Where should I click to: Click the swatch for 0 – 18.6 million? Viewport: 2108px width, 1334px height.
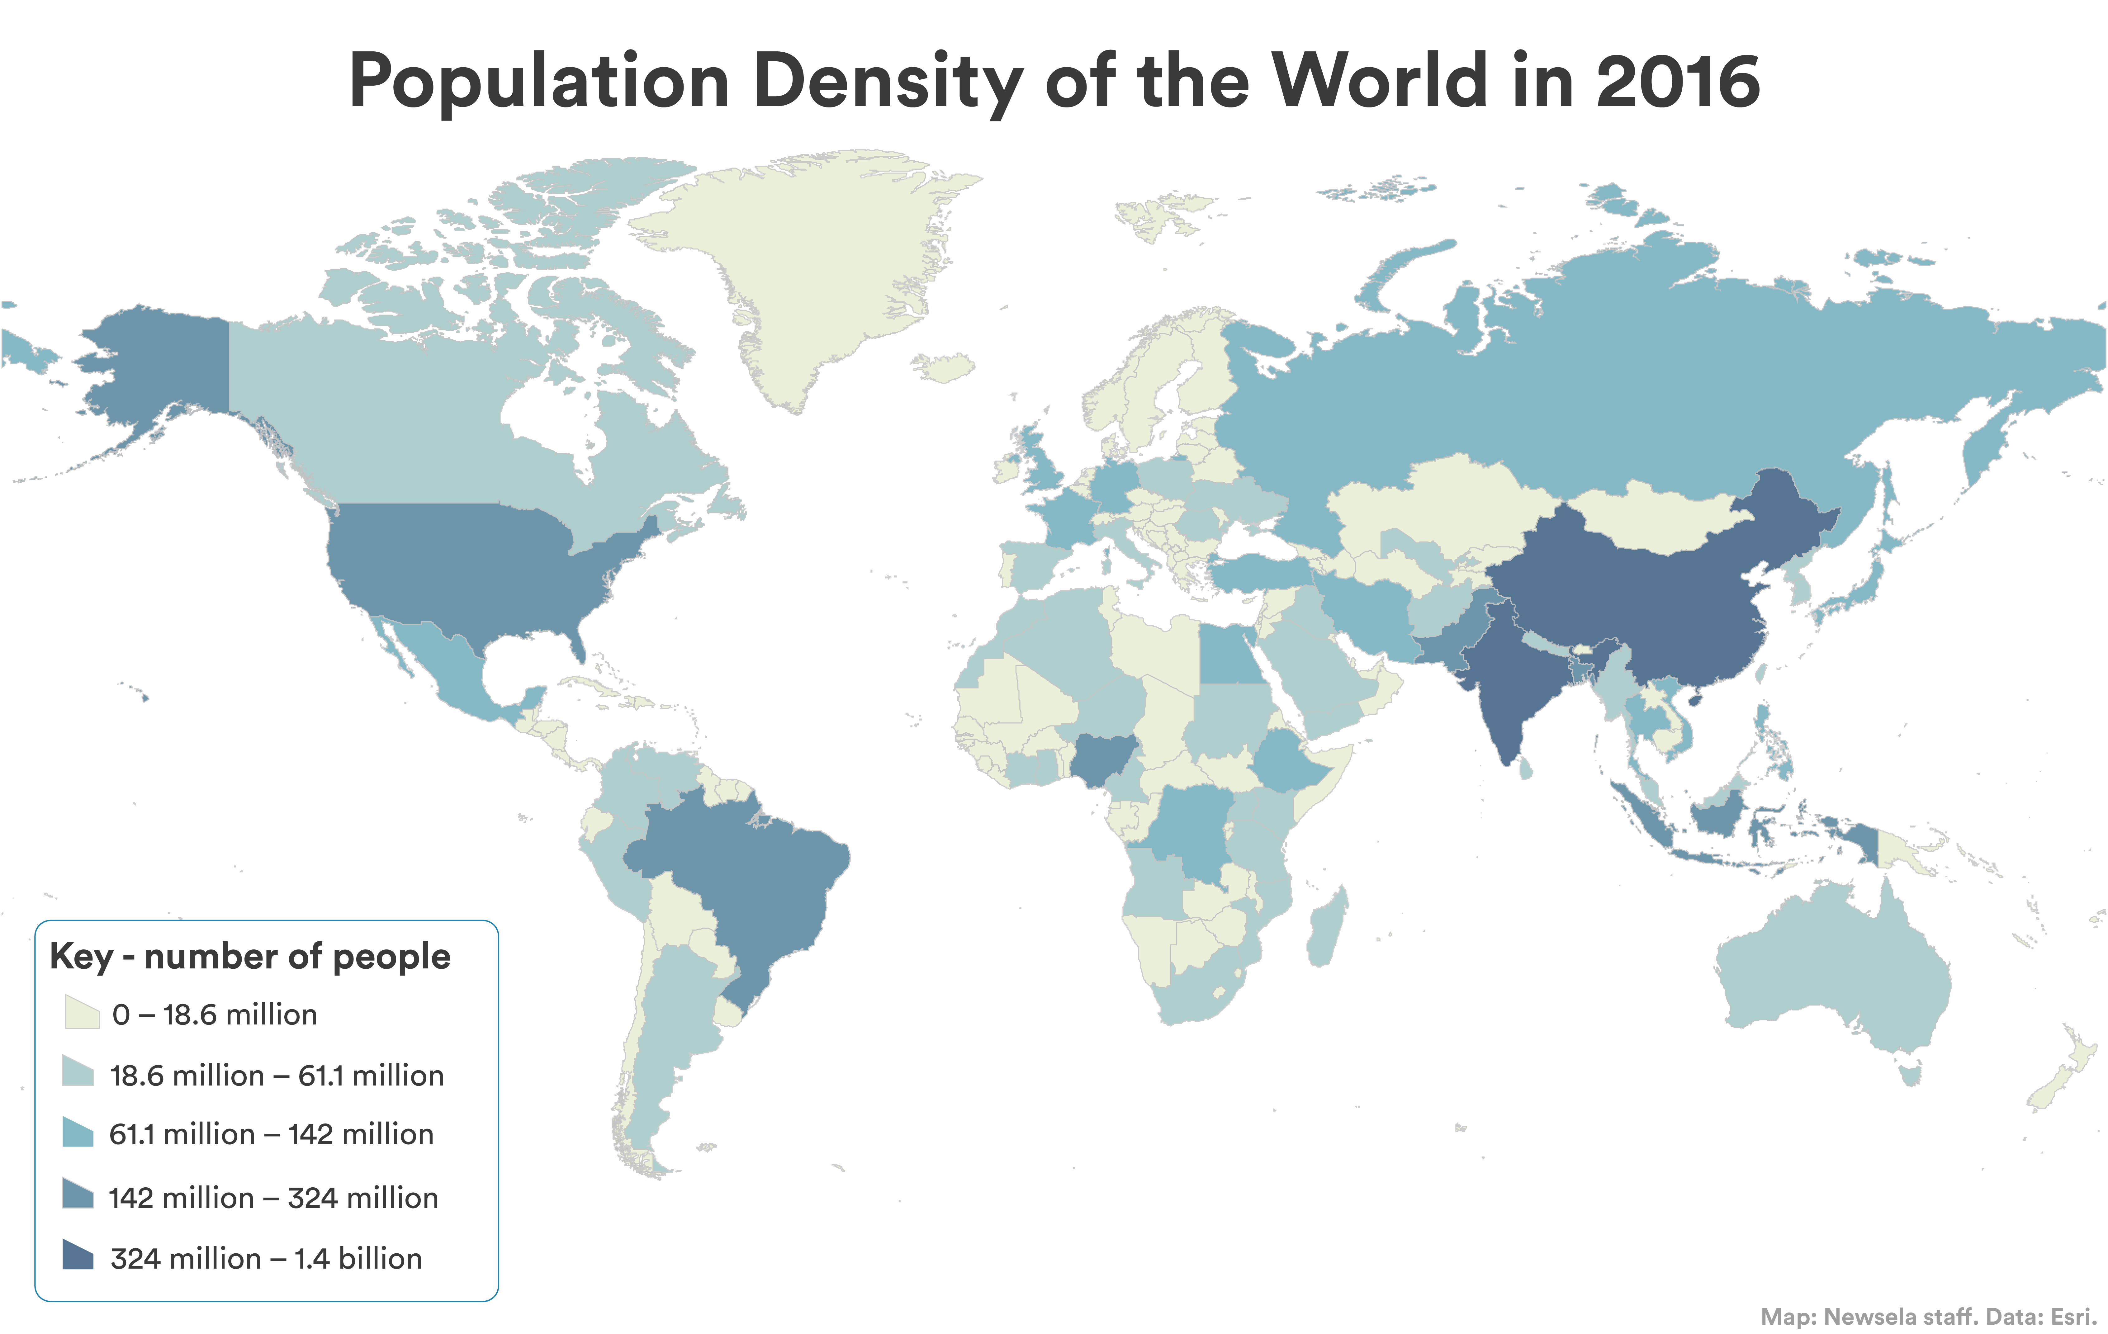coord(81,1013)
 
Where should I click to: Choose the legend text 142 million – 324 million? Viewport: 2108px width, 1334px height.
coord(273,1197)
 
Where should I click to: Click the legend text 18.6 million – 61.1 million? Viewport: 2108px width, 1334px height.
coord(277,1075)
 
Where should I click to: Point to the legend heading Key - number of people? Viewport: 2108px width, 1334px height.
coord(250,956)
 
